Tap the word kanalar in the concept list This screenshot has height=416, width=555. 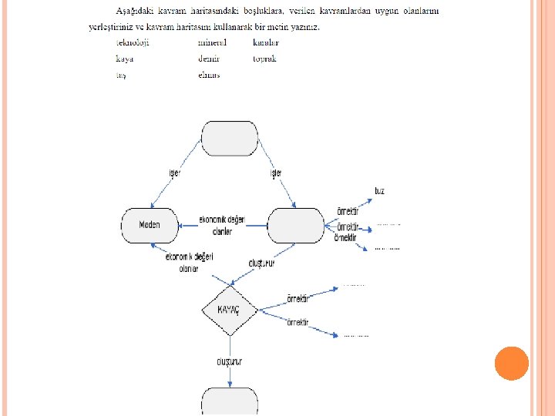click(266, 42)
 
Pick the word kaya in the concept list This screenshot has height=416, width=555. click(125, 59)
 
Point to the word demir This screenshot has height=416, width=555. click(209, 59)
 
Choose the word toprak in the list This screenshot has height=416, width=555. click(264, 59)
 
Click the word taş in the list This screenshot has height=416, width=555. click(122, 75)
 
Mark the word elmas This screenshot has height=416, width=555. click(209, 75)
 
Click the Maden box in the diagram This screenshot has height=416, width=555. click(150, 225)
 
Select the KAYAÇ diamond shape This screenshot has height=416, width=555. click(230, 309)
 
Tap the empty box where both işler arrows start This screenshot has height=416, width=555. click(230, 138)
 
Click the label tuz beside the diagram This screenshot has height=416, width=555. click(379, 190)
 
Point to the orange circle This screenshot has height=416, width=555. click(511, 363)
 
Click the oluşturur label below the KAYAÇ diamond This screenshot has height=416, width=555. click(230, 361)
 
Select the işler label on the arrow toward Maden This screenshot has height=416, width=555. click(174, 173)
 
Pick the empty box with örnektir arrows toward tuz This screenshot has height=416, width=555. click(295, 225)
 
